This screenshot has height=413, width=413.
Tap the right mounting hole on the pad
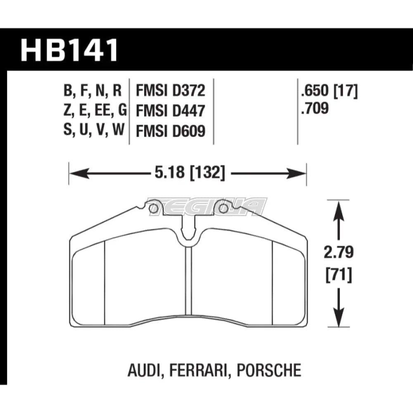pyautogui.click(x=223, y=209)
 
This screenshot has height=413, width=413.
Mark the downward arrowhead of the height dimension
pyautogui.click(x=339, y=320)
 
